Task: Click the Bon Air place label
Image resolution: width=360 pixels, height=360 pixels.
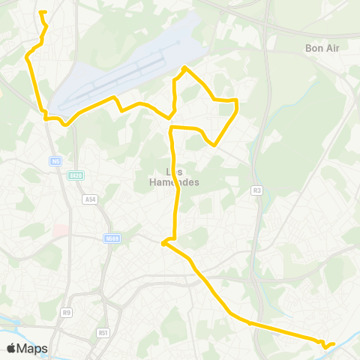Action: pyautogui.click(x=323, y=48)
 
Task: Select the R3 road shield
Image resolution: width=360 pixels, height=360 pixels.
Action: pyautogui.click(x=257, y=190)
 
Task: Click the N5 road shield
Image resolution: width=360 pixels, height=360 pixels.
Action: pyautogui.click(x=56, y=160)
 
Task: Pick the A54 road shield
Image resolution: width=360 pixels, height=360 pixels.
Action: pyautogui.click(x=91, y=199)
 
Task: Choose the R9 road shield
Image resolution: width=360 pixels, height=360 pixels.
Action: pyautogui.click(x=67, y=311)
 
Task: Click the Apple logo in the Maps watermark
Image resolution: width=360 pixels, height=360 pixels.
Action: pyautogui.click(x=12, y=348)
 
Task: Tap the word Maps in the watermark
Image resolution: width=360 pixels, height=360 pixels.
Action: pyautogui.click(x=33, y=348)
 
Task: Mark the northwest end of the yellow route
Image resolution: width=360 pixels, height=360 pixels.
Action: pyautogui.click(x=40, y=12)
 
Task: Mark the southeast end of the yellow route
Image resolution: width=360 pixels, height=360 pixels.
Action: pyautogui.click(x=333, y=343)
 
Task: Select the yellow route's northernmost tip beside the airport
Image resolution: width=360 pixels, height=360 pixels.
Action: pyautogui.click(x=185, y=68)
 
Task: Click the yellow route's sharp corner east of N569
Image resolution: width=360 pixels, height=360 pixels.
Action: pyautogui.click(x=163, y=241)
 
